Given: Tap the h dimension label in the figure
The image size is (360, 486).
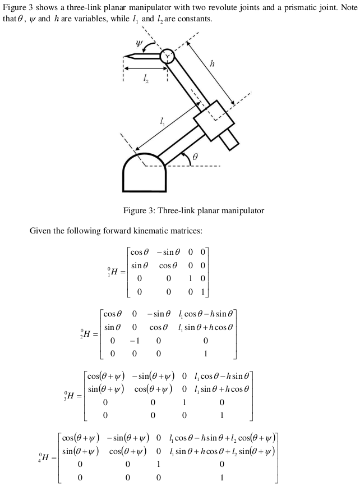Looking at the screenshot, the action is (211, 64).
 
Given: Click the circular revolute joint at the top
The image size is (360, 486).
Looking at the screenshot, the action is (167, 56).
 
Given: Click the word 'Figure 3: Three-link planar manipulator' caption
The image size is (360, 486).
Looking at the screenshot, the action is (193, 211).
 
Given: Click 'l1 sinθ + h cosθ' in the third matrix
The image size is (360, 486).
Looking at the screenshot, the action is (218, 388).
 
